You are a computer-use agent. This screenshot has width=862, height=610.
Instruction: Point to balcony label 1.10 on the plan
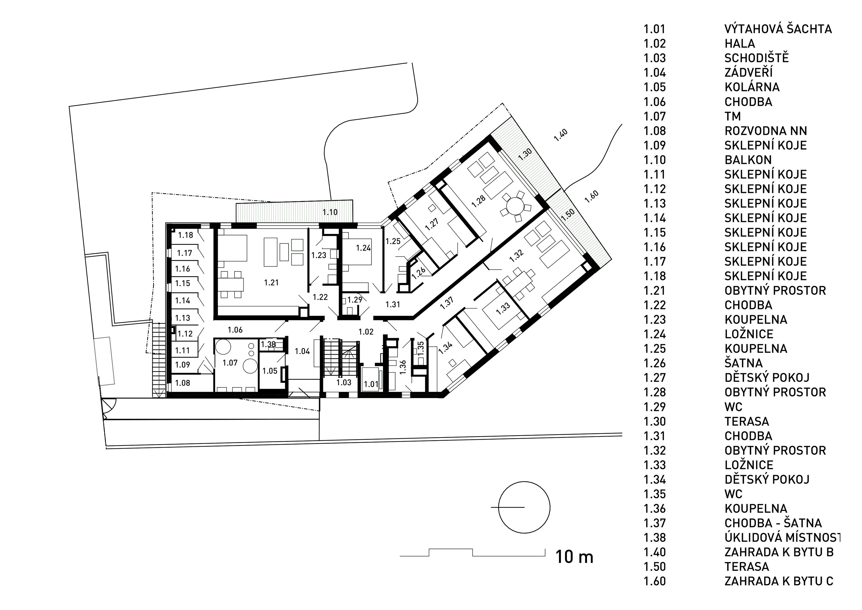pos(330,212)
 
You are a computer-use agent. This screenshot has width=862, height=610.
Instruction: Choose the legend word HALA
pos(740,44)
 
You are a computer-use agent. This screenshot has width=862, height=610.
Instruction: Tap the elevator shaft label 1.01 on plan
pos(371,384)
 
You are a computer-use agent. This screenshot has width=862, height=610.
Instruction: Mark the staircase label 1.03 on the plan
pos(344,382)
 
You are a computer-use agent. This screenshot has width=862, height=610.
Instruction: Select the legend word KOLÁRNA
pos(752,87)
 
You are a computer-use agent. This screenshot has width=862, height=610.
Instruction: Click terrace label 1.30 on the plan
pos(525,154)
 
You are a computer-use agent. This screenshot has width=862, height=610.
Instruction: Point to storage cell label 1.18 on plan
pos(185,235)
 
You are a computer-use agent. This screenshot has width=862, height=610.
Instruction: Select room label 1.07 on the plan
pos(230,363)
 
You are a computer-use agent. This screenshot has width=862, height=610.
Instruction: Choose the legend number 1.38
pos(655,538)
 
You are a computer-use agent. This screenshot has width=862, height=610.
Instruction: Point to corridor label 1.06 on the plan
pos(235,330)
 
